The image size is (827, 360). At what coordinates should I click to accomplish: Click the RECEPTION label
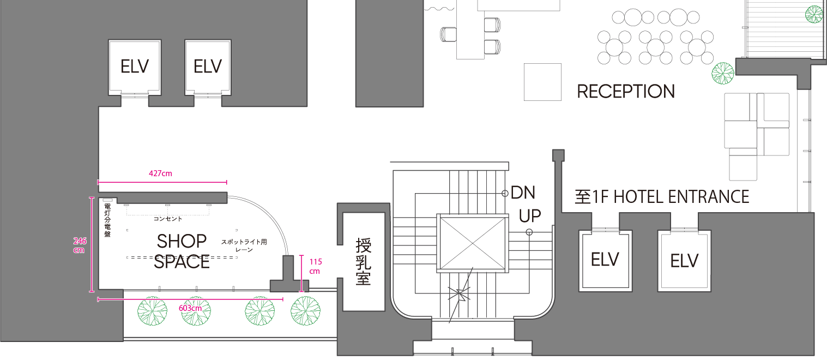(x=626, y=91)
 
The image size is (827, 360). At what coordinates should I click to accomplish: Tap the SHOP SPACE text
(x=182, y=251)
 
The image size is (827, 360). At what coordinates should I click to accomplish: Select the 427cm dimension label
(x=160, y=173)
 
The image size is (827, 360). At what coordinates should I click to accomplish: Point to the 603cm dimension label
(x=190, y=308)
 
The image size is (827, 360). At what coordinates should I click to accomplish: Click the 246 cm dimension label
(x=80, y=245)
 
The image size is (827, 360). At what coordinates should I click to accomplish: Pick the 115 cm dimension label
(x=315, y=266)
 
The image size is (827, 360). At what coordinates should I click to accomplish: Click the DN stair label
(x=523, y=193)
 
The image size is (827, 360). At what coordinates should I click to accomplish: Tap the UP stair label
(x=530, y=216)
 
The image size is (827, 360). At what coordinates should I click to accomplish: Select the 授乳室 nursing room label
(x=363, y=261)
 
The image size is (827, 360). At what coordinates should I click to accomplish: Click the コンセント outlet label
(x=167, y=219)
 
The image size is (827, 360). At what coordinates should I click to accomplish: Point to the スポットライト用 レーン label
(x=244, y=245)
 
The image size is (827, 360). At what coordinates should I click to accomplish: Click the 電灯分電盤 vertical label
(x=107, y=220)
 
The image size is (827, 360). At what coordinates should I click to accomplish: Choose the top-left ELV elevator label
(x=135, y=67)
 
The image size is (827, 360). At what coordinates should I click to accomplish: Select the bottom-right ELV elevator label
(x=684, y=261)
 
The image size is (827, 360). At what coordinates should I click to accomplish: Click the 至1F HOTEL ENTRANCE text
(x=662, y=197)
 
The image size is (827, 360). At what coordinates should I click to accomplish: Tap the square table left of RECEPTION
(x=543, y=82)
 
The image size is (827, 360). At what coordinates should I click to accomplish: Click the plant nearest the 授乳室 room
(x=305, y=311)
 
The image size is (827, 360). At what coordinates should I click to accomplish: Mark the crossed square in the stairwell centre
(x=473, y=243)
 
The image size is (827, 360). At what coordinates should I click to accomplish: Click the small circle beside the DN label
(x=505, y=194)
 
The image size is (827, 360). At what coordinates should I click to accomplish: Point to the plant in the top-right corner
(x=814, y=14)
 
